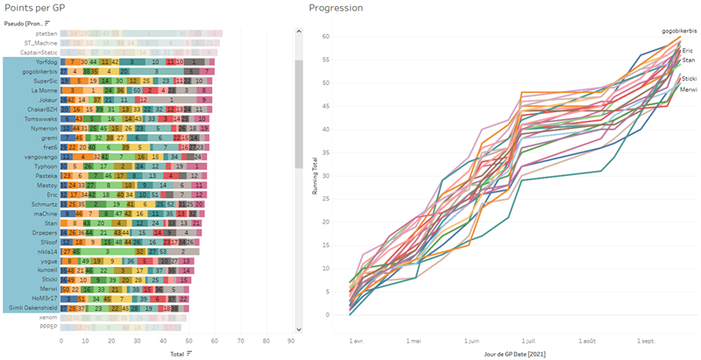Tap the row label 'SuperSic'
click(43, 81)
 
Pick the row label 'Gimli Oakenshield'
click(33, 309)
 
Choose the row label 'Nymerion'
click(42, 128)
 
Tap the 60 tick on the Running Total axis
click(325, 36)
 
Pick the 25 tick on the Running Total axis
click(325, 199)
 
